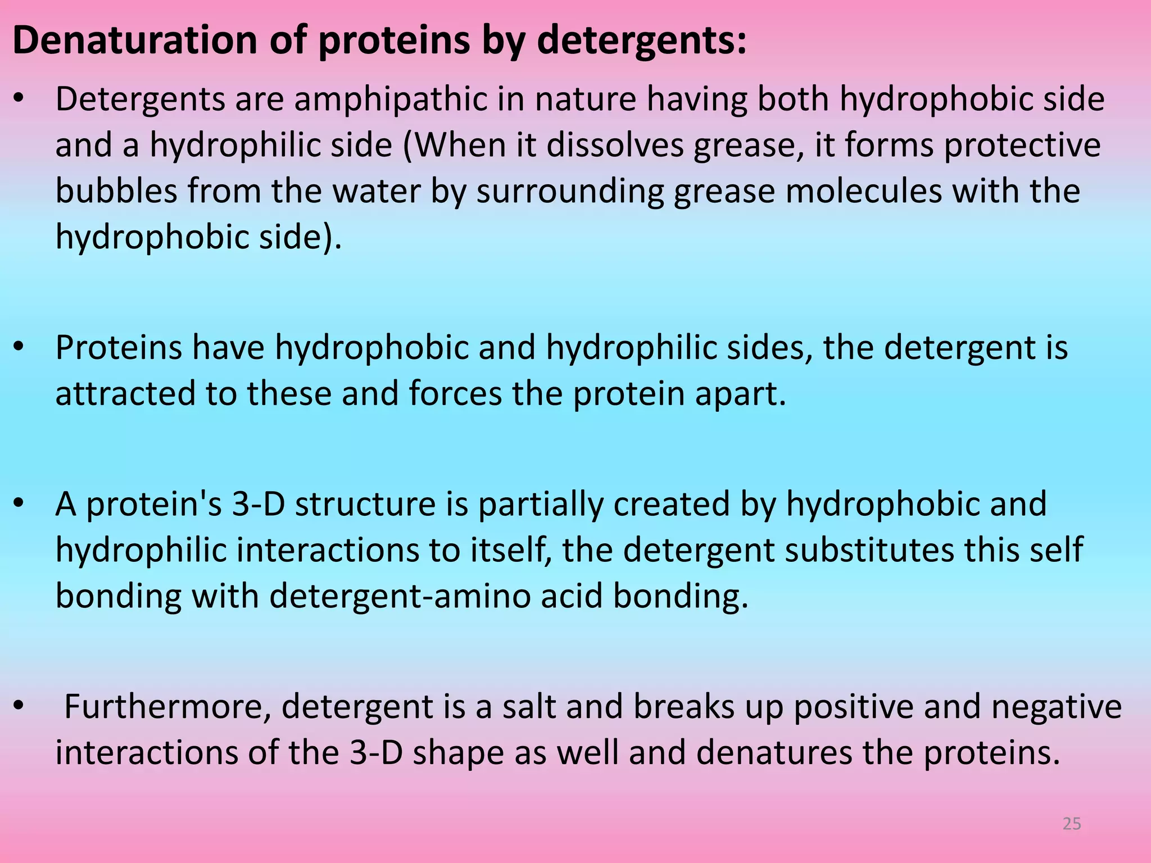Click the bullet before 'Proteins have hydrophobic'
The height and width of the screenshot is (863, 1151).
coord(19,347)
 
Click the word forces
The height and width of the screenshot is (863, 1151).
coord(455,393)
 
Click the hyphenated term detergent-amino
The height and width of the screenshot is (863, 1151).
coord(400,596)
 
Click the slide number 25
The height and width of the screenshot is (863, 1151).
coord(1072,824)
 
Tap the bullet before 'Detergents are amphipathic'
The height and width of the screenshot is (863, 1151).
coord(19,99)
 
